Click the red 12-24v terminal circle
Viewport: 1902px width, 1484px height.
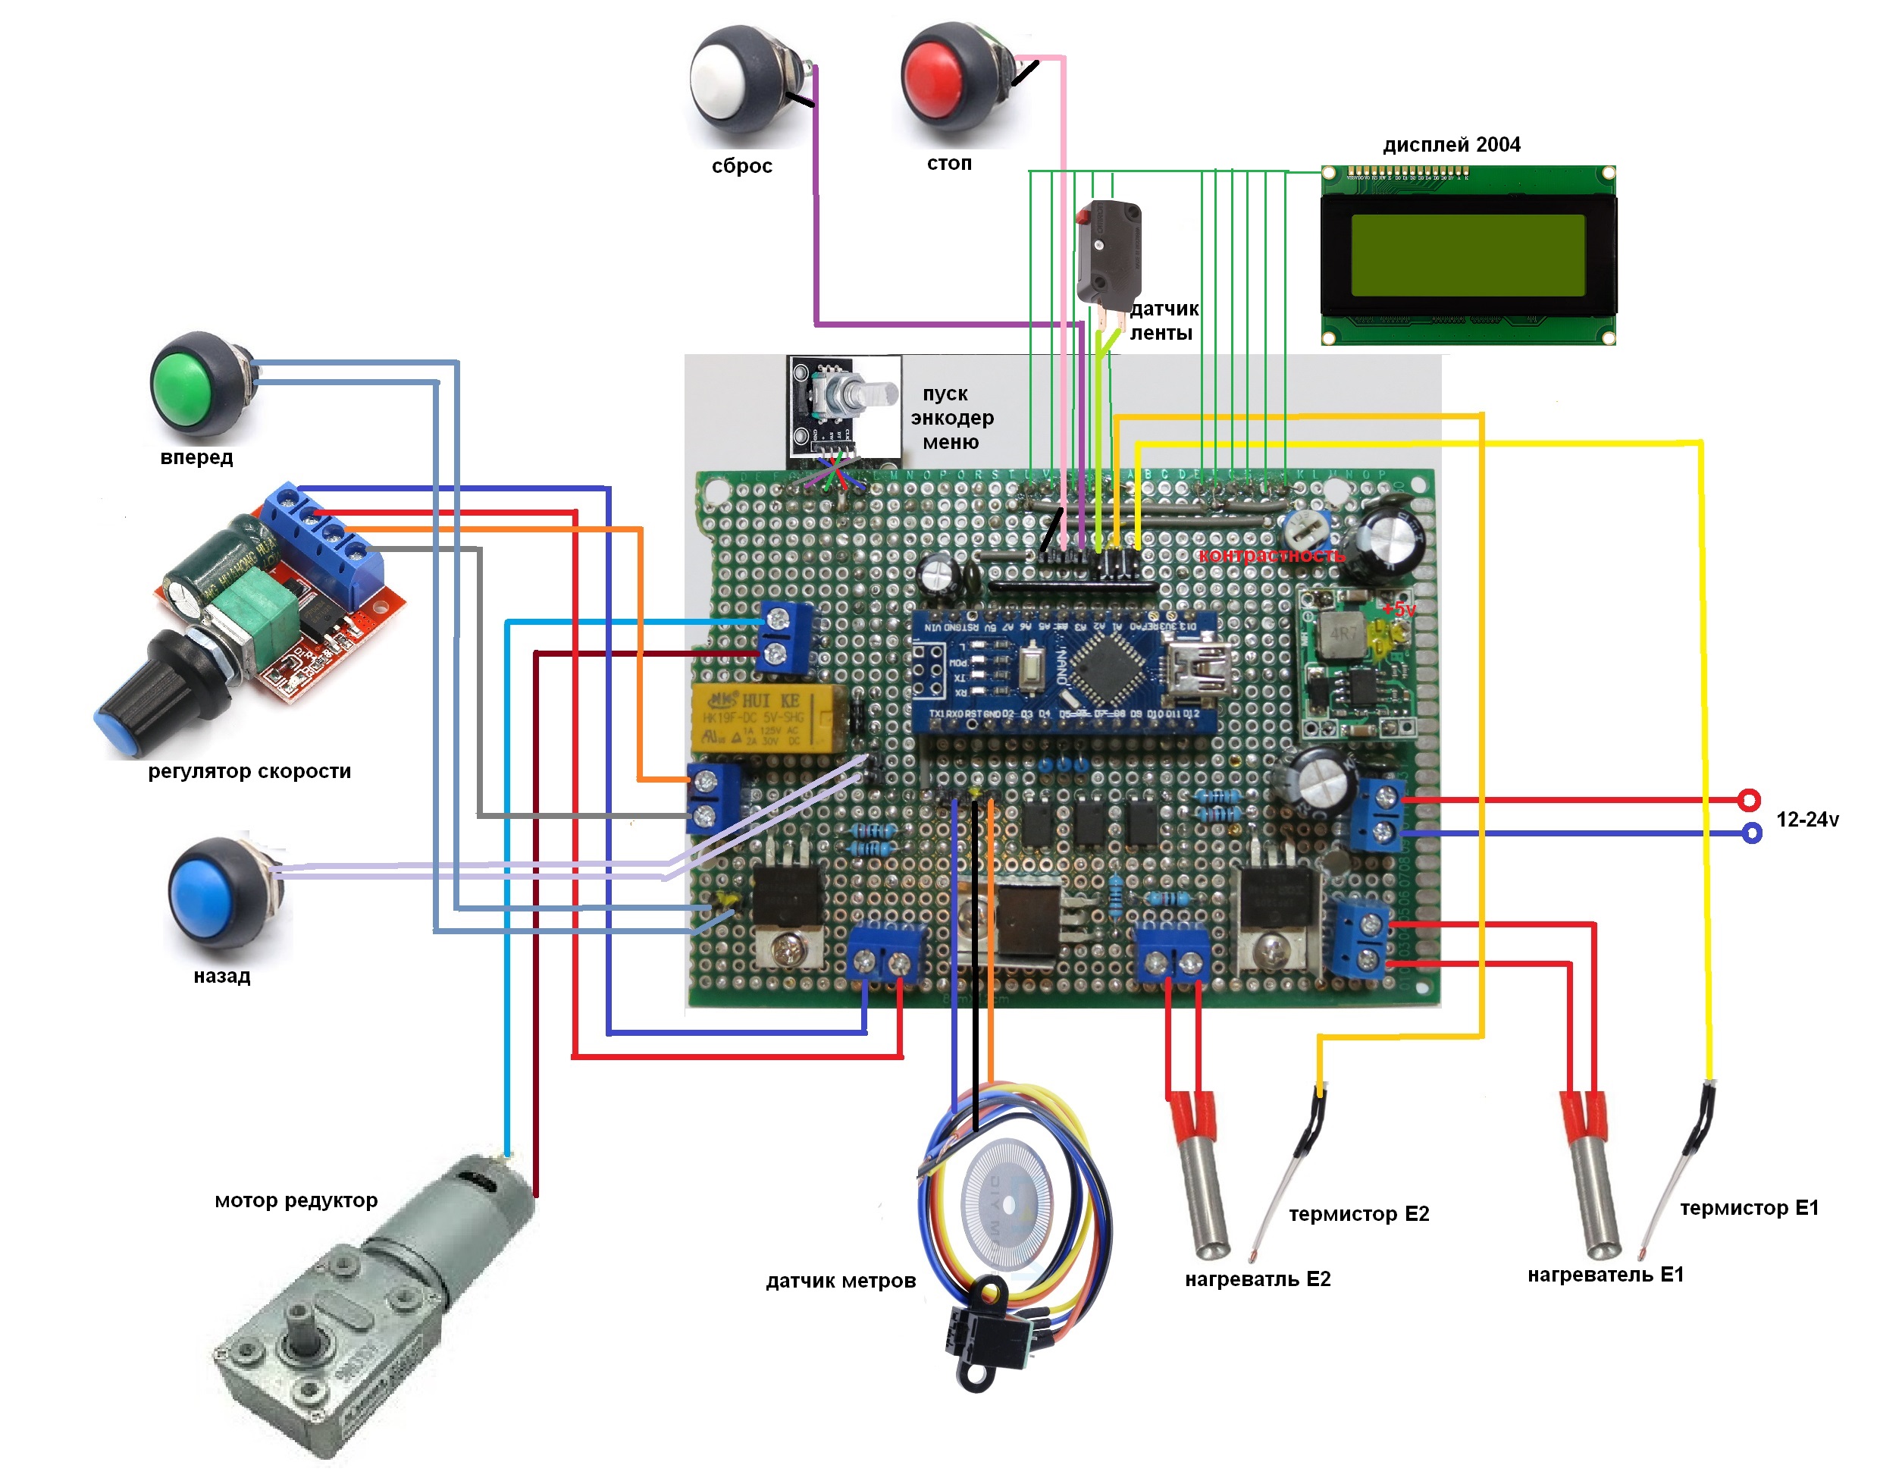click(1749, 799)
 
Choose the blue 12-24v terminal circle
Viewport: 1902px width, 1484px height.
click(1751, 833)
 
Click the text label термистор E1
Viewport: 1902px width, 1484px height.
click(1749, 1208)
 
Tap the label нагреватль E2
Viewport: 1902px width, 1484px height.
click(1258, 1279)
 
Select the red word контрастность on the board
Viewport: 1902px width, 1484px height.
click(1271, 556)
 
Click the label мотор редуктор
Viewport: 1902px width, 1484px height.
click(296, 1201)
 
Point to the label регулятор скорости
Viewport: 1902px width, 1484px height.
click(249, 772)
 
